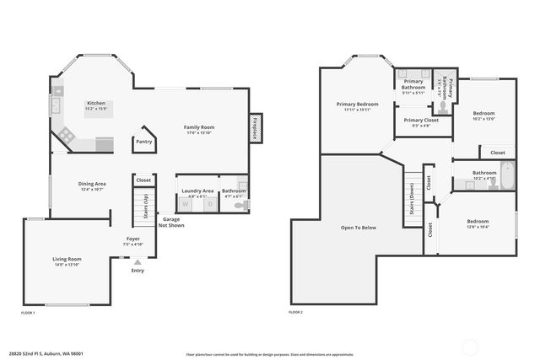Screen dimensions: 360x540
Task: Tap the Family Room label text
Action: (200, 127)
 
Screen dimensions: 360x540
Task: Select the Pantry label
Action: (144, 142)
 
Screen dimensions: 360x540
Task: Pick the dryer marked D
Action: (208, 204)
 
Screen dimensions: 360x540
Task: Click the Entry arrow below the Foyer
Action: (137, 262)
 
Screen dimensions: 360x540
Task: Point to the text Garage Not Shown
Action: (172, 223)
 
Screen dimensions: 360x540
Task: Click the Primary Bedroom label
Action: (357, 105)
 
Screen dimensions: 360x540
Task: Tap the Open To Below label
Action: (358, 228)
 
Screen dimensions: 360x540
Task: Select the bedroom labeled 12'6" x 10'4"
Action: (477, 223)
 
